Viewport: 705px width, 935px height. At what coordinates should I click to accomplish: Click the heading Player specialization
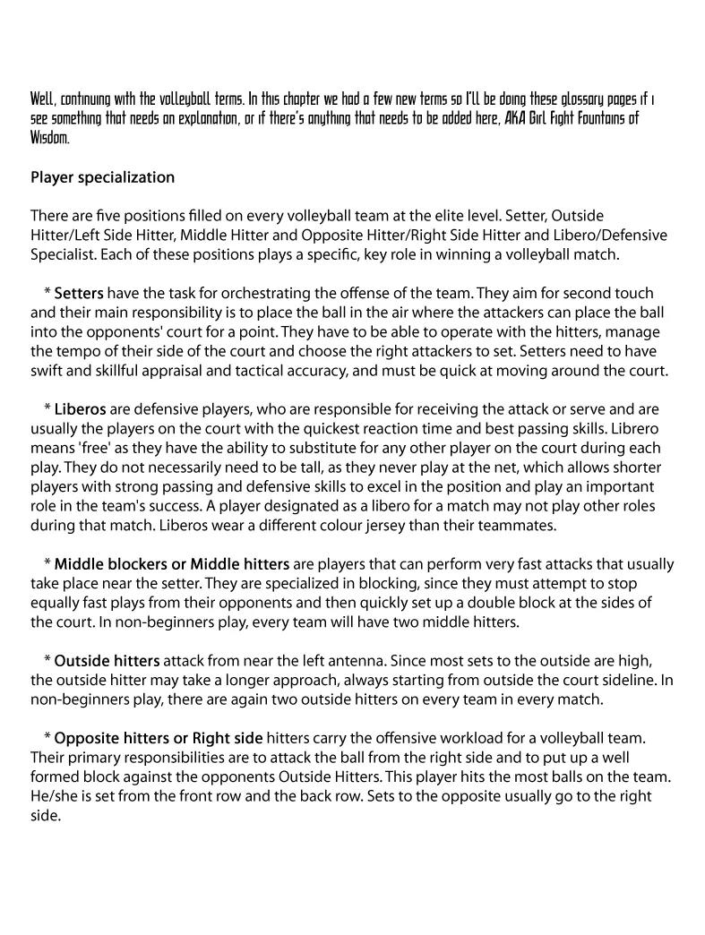(x=102, y=177)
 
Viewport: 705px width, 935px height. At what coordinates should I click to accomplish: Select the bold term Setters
(x=79, y=293)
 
